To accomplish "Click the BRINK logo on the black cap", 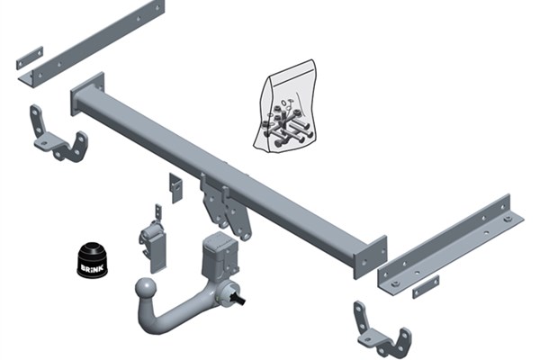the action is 92,267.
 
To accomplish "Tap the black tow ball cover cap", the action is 92,260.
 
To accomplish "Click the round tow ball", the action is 146,289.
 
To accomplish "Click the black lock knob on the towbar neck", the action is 239,297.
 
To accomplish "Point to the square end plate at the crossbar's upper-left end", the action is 87,94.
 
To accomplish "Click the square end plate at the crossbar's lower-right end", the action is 370,257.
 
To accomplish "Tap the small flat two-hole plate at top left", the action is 30,58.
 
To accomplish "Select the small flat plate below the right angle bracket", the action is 426,287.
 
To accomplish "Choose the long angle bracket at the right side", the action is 451,245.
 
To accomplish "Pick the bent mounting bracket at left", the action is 58,133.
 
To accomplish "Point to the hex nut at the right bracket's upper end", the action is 508,219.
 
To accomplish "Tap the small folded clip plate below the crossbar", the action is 175,188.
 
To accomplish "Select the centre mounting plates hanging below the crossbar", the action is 225,207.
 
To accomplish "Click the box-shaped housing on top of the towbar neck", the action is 220,253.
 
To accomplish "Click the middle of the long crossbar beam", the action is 229,175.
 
